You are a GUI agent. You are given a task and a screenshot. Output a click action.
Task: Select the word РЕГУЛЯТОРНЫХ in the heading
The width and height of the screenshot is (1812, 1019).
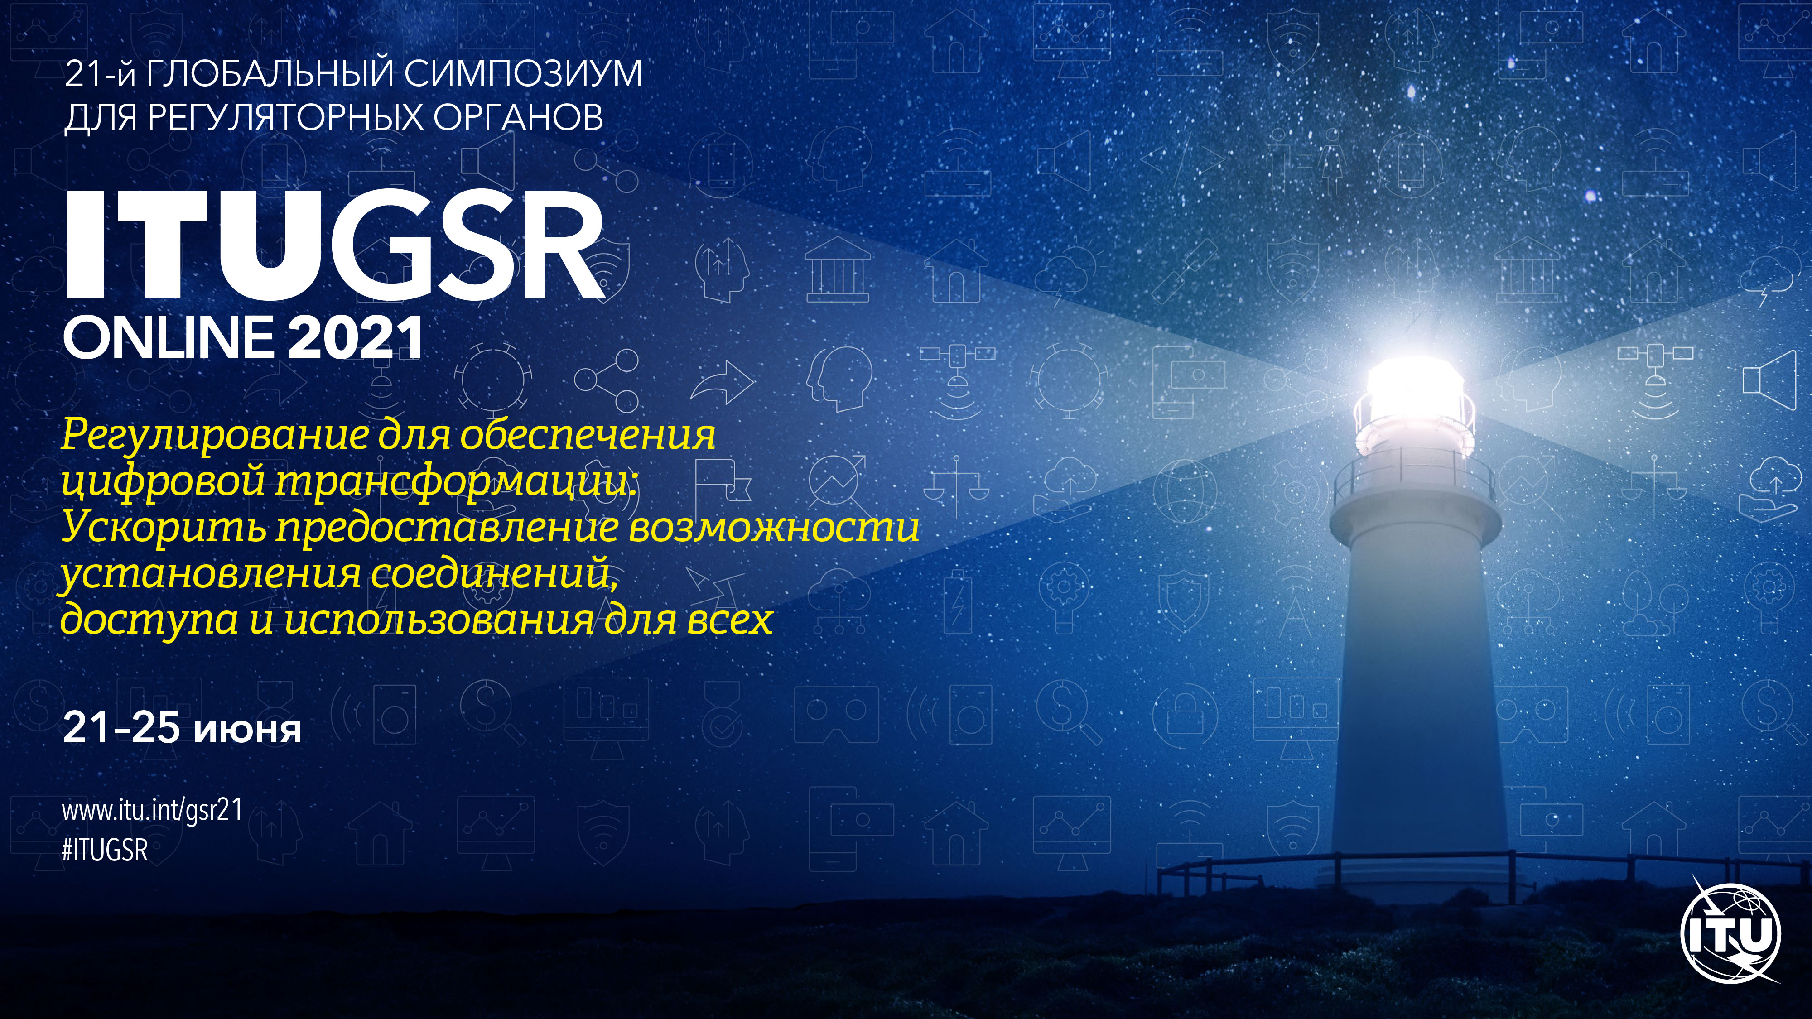[286, 117]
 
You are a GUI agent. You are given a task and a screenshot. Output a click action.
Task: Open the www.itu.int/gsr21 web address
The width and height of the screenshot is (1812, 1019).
[153, 810]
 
